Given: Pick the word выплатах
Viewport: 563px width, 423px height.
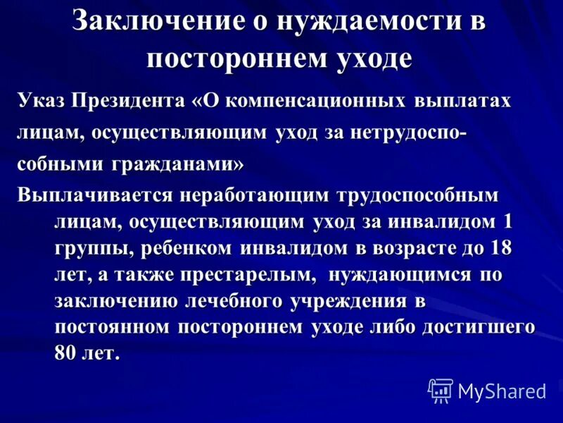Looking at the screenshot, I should point(460,101).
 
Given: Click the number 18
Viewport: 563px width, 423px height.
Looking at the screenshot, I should point(498,249).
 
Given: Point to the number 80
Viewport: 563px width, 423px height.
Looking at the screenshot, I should point(65,354).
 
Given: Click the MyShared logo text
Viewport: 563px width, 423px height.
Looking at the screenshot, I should point(501,389).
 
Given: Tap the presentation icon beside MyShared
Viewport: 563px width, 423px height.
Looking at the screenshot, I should point(441,390).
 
